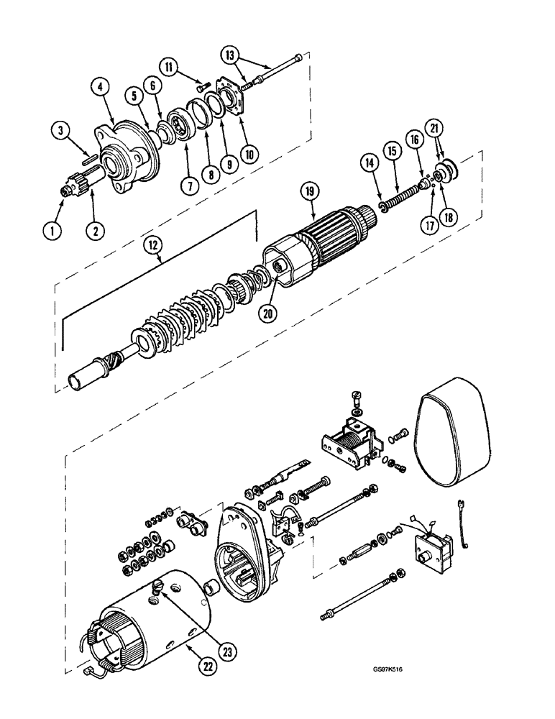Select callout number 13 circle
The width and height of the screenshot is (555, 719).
click(230, 55)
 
